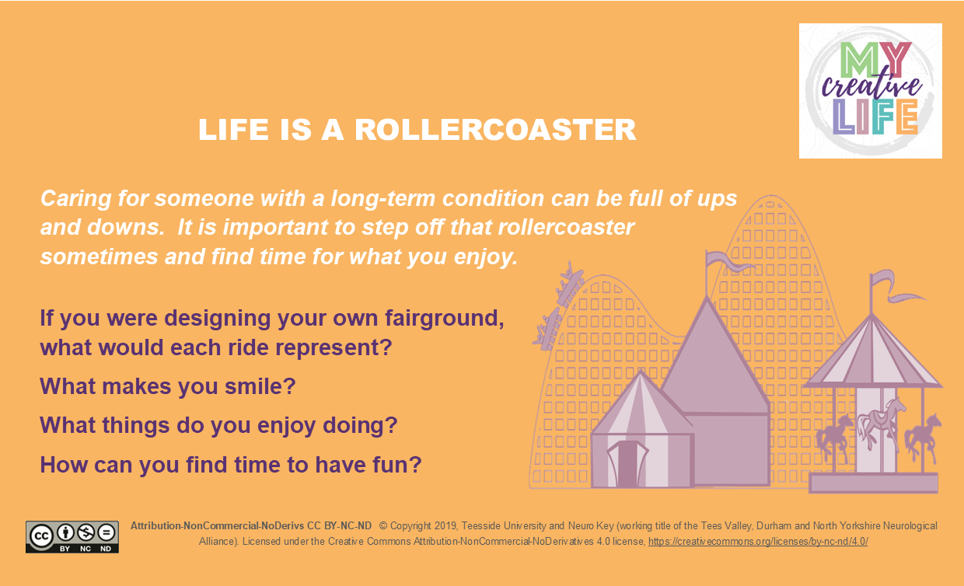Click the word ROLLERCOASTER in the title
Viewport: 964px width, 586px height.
point(495,130)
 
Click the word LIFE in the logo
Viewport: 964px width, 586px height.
point(875,117)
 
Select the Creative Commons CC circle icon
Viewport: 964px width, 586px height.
point(41,536)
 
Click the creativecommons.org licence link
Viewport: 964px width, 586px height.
point(758,541)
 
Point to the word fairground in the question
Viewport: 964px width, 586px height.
point(444,319)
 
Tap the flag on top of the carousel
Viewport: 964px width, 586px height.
point(897,286)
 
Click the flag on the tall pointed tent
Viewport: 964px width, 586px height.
point(728,262)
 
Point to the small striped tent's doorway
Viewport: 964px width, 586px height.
point(627,464)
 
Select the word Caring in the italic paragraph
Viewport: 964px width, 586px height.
point(75,199)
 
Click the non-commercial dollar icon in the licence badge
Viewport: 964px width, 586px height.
point(86,532)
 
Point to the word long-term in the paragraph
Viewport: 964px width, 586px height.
point(384,199)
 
